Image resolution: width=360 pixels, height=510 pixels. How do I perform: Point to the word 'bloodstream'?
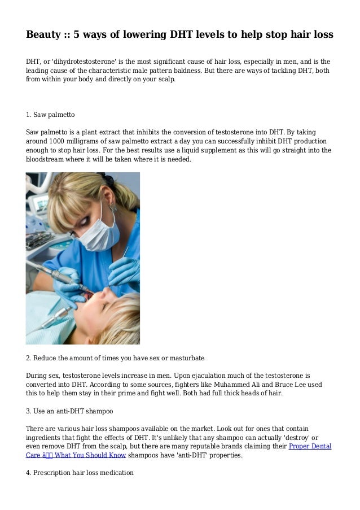point(46,160)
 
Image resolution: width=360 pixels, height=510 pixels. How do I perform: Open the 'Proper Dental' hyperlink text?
point(310,447)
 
